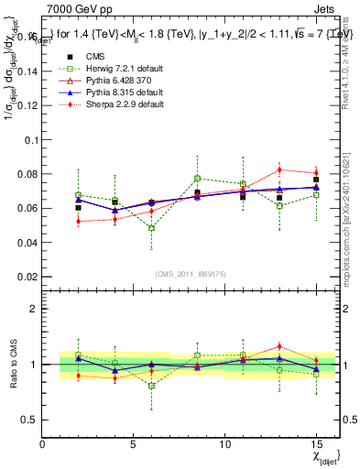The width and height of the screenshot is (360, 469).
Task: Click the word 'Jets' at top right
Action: pyautogui.click(x=327, y=7)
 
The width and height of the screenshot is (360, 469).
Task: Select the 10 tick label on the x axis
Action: pyautogui.click(x=225, y=444)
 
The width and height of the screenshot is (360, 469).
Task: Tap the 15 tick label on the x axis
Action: pyautogui.click(x=316, y=444)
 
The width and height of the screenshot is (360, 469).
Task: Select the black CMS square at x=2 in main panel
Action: pyautogui.click(x=79, y=208)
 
